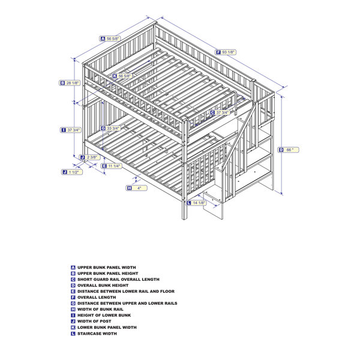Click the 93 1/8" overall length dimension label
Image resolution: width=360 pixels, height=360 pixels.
coord(226,52)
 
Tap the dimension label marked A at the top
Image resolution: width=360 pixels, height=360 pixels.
coord(110,38)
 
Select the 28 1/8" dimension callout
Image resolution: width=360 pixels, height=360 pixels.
coord(70,83)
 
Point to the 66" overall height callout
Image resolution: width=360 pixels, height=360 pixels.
coord(289,150)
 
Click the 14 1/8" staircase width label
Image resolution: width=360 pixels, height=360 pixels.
coord(196,203)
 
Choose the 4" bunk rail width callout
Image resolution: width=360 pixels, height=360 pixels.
coord(137,188)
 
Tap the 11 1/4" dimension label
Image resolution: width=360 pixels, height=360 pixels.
coord(112,166)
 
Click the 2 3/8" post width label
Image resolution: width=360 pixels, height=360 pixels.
coord(90,157)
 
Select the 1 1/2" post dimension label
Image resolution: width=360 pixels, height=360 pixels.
coord(72,172)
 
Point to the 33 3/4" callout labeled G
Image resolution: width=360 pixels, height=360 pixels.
coord(110,128)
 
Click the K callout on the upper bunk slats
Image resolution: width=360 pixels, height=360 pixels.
coord(122,76)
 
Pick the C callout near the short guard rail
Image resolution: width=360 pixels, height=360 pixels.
coord(220,112)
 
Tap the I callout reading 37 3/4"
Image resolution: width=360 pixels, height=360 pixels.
coord(71,130)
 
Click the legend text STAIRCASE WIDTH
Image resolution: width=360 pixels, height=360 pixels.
coord(97,334)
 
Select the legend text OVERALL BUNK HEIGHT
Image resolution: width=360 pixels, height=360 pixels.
coord(103,286)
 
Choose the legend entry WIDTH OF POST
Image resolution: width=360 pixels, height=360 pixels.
coord(94,321)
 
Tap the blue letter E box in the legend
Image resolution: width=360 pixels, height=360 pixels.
coord(73,292)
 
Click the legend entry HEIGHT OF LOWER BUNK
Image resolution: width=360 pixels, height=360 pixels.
coord(104,315)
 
